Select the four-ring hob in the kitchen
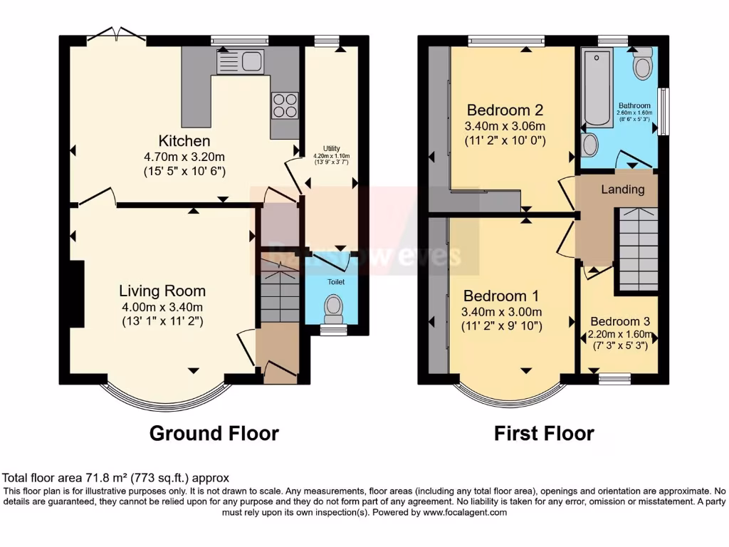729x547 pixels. [x=284, y=105]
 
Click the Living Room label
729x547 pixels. [x=162, y=291]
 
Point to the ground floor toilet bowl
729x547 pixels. [x=332, y=308]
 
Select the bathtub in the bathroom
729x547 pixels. [x=597, y=88]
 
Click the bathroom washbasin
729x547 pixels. [x=589, y=145]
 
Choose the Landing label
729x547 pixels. [x=623, y=189]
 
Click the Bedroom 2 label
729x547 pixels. [x=505, y=110]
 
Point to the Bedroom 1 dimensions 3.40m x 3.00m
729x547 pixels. [x=502, y=312]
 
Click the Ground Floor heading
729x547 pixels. [x=214, y=433]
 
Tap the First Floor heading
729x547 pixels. [x=544, y=433]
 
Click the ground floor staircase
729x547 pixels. [x=280, y=292]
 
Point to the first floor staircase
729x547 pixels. [x=636, y=246]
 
